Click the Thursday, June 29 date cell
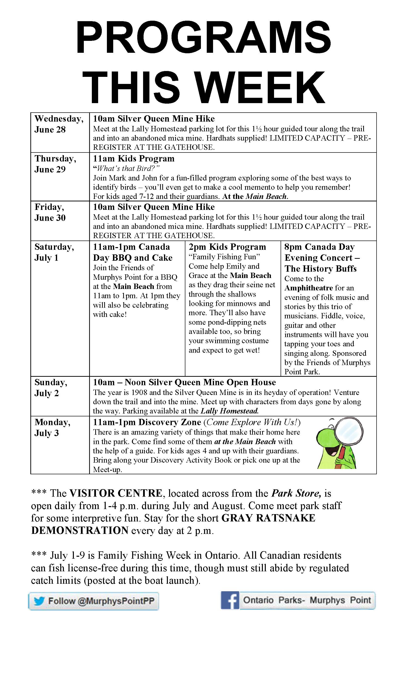[x=55, y=164]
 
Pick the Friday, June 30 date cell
[x=50, y=212]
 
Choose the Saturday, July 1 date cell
[x=54, y=252]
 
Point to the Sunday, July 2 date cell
[x=51, y=387]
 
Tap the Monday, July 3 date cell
[x=52, y=427]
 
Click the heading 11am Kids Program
[x=134, y=158]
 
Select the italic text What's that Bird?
[x=127, y=168]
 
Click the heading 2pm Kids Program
[x=227, y=247]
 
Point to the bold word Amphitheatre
[x=308, y=288]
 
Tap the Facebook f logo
[x=230, y=600]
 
